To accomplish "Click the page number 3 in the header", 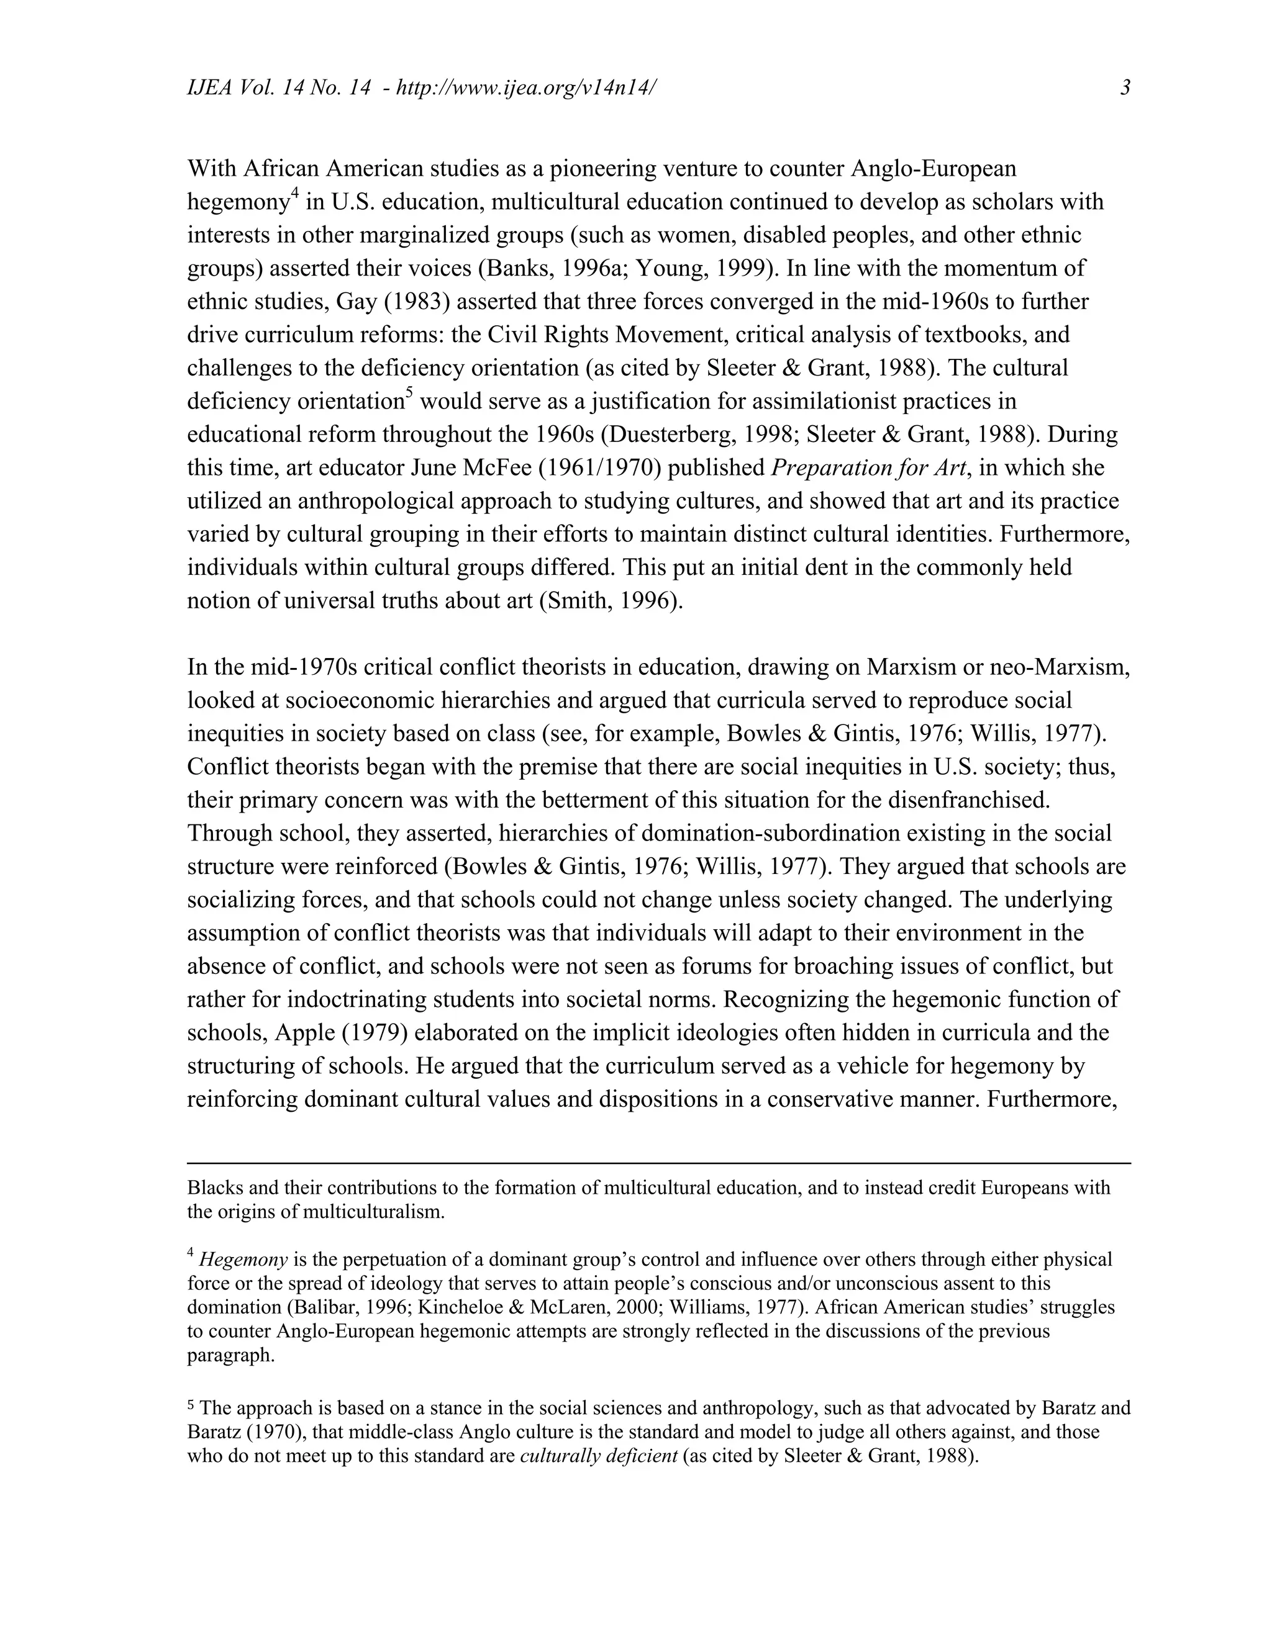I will pos(1125,88).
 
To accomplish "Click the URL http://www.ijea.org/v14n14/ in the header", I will pos(526,88).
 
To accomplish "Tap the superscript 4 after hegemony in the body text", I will pos(296,195).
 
